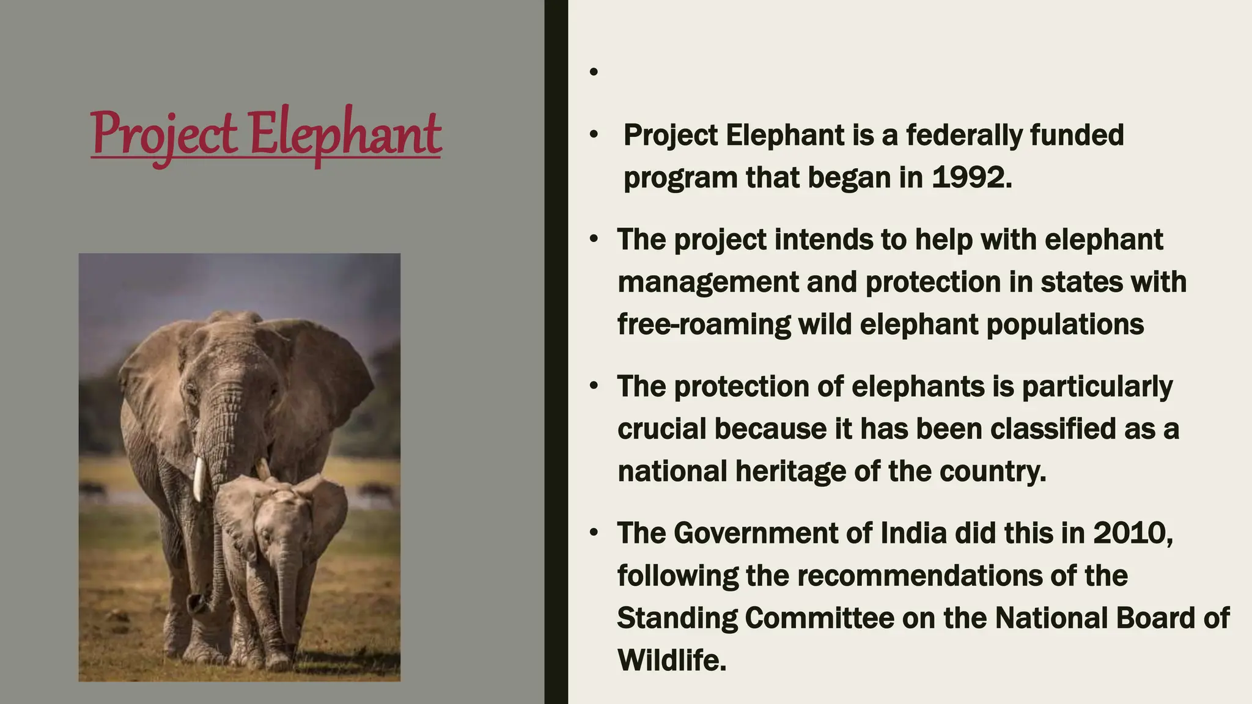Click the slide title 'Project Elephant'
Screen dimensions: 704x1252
point(266,134)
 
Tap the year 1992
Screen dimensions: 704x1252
point(971,178)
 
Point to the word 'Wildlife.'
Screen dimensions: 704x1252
point(672,661)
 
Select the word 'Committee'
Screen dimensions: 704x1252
point(820,618)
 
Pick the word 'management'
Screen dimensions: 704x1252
point(708,282)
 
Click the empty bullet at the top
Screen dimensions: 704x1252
point(594,72)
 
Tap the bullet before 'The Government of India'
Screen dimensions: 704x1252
point(594,533)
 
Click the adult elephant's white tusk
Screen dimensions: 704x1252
point(198,479)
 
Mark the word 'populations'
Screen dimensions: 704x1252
point(1065,324)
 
